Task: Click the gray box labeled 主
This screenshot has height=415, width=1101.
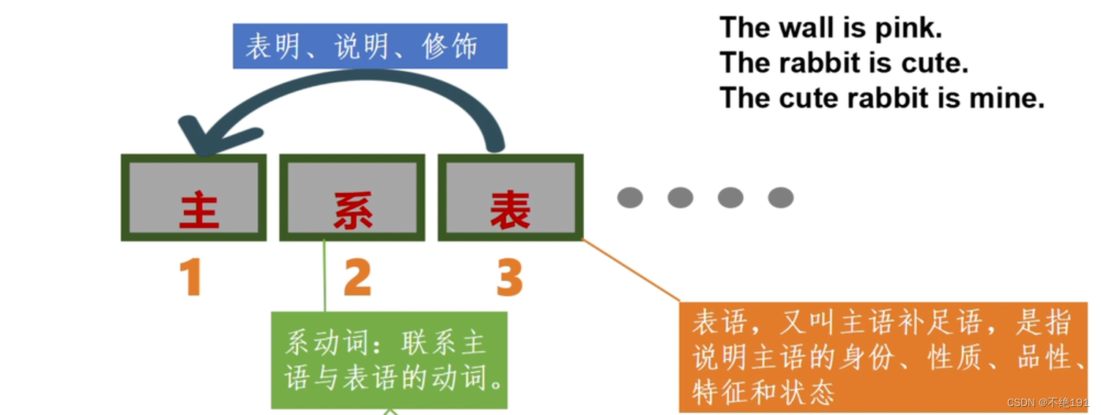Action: pos(194,197)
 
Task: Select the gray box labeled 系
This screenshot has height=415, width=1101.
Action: pos(352,197)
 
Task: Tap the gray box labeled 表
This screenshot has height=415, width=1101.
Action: pos(511,197)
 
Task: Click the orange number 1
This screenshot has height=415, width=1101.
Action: pos(190,279)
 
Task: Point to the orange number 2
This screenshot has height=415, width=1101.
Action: pos(357,279)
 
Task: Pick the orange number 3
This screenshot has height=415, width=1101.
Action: pos(510,279)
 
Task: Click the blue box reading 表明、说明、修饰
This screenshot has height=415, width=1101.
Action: pos(370,46)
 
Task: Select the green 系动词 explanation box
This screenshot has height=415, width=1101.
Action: pos(389,360)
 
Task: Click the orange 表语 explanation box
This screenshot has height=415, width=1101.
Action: pos(883,356)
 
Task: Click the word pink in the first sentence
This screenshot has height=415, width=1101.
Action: pos(907,29)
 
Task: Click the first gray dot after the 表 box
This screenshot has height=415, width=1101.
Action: pos(630,197)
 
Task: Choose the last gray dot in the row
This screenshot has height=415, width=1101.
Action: pos(780,197)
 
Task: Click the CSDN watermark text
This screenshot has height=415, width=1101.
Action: pos(1048,403)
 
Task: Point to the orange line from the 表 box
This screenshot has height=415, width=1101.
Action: pos(631,271)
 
